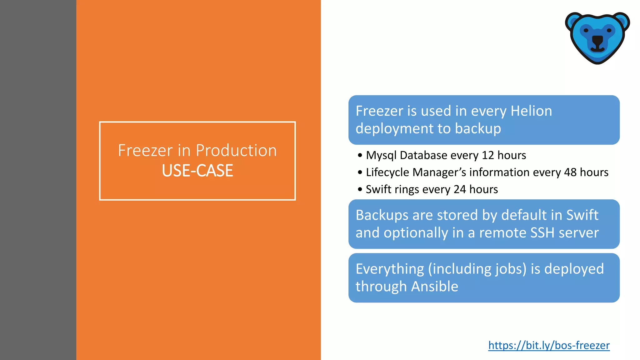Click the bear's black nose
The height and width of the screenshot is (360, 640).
tap(597, 40)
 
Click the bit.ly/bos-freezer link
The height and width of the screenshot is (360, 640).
tap(549, 345)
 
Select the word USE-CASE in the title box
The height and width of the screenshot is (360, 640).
tap(197, 171)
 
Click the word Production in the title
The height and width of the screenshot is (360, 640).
tap(236, 150)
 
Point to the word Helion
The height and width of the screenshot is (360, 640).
tap(531, 111)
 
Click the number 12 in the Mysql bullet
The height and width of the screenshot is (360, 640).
tap(487, 155)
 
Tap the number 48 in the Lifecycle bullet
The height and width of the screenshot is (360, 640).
tap(570, 172)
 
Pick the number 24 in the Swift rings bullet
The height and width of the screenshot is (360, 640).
tap(460, 189)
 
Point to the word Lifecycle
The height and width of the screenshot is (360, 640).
tap(387, 172)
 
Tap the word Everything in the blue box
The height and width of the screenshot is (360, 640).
tap(390, 269)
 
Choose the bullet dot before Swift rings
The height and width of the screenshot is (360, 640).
tap(360, 189)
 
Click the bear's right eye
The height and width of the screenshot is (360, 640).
tap(609, 30)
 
